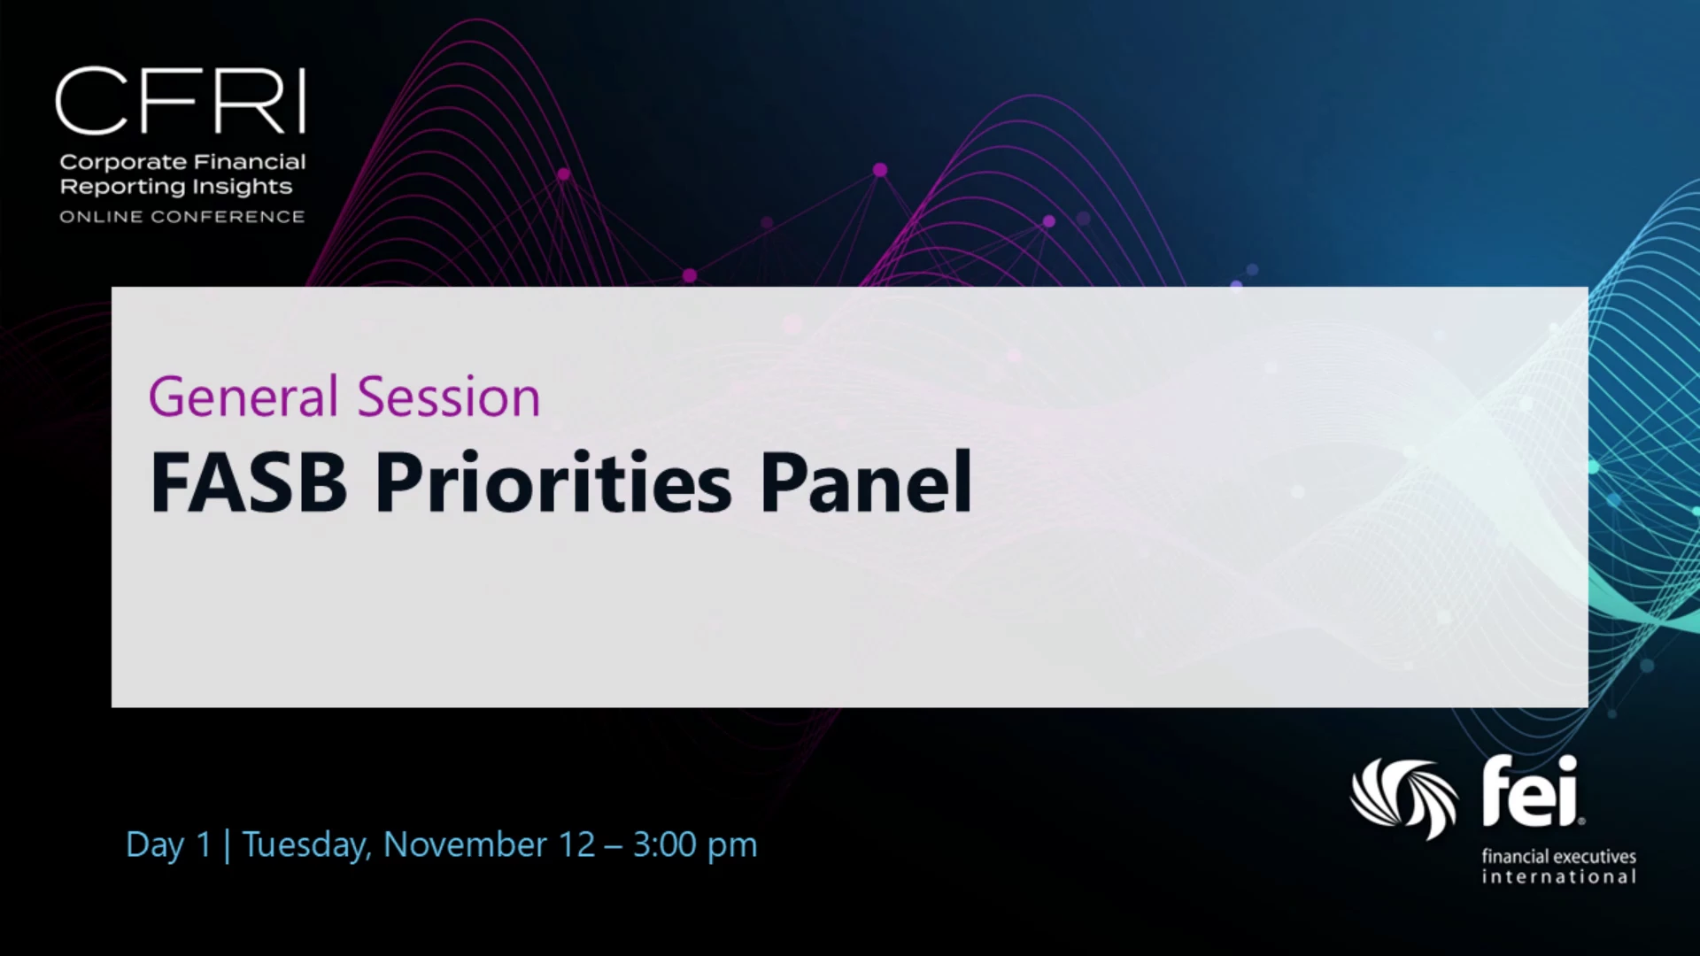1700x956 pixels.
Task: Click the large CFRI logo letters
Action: [181, 101]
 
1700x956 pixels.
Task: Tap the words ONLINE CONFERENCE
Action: [182, 217]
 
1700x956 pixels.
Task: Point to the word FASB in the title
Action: [249, 482]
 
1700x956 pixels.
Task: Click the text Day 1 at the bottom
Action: [169, 845]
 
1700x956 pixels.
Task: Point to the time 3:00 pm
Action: [695, 845]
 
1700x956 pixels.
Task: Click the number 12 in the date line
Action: [576, 844]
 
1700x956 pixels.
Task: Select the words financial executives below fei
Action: [1559, 856]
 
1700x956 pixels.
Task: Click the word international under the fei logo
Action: [1559, 876]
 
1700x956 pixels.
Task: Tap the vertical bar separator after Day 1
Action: [228, 845]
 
